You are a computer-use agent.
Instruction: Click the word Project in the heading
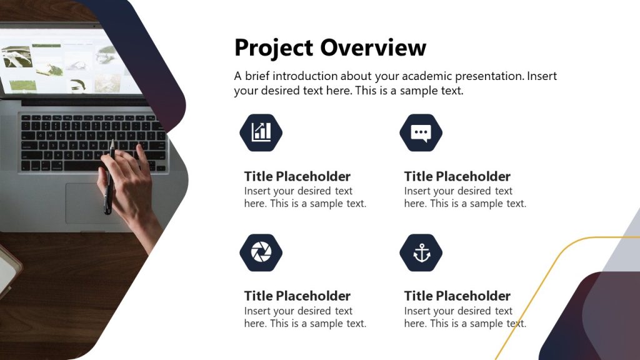tap(274, 48)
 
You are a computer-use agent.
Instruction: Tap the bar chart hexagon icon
tap(261, 132)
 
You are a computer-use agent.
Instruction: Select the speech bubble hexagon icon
tap(421, 132)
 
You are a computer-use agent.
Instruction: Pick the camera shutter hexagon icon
tap(261, 252)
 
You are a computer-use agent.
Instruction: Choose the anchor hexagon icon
tap(421, 252)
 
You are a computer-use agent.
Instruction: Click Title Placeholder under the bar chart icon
tap(297, 176)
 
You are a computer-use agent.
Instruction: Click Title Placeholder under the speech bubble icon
tap(457, 176)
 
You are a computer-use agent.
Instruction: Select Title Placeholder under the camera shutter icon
tap(297, 296)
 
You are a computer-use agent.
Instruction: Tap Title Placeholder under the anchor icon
tap(457, 296)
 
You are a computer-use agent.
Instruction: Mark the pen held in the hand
tap(109, 181)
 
